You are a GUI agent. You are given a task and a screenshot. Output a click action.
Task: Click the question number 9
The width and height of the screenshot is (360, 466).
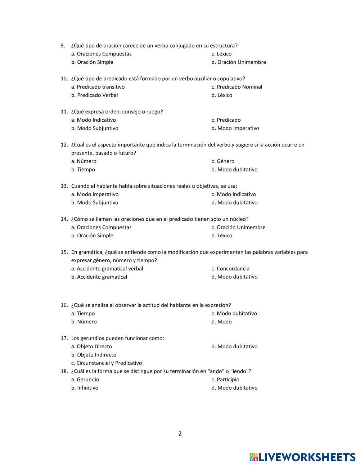(x=63, y=45)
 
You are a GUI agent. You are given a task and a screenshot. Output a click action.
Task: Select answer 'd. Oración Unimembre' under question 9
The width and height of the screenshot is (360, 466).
(x=239, y=62)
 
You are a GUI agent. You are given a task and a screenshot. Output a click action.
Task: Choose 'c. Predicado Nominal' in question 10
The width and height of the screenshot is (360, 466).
(x=237, y=87)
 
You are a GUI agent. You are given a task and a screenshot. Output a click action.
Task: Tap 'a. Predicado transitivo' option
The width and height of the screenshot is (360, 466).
(x=98, y=87)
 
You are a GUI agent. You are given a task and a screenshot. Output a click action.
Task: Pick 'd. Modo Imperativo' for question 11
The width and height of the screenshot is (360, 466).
(x=235, y=128)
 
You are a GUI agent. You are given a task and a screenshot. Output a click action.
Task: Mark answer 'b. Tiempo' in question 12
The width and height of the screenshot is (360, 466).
(x=83, y=170)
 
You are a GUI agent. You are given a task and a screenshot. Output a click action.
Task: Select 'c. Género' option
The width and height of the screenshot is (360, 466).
(x=223, y=161)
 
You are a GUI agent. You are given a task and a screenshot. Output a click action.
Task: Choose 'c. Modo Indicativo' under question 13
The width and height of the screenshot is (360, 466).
(x=234, y=194)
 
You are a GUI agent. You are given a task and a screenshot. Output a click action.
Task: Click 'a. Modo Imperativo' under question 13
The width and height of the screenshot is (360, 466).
(x=95, y=194)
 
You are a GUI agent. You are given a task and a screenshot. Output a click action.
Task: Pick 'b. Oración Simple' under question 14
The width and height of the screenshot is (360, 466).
(x=92, y=236)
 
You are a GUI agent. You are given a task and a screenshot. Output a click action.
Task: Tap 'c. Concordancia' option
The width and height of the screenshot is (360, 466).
(x=230, y=269)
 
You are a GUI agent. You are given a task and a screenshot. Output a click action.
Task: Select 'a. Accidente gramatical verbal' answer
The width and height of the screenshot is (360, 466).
(x=107, y=269)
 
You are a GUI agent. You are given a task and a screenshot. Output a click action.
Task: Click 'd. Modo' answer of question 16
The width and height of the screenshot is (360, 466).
(x=221, y=322)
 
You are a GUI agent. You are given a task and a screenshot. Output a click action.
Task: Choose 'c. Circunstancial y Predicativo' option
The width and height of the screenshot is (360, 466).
(x=107, y=363)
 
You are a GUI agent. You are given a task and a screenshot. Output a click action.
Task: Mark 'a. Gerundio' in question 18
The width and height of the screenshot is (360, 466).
(x=85, y=380)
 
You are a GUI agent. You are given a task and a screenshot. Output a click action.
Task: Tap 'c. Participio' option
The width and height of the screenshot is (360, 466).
(x=225, y=380)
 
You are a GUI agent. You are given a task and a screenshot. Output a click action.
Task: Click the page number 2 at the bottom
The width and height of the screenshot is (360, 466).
(x=180, y=434)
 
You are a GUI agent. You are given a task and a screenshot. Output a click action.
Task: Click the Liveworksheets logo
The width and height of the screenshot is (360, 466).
(x=302, y=457)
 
